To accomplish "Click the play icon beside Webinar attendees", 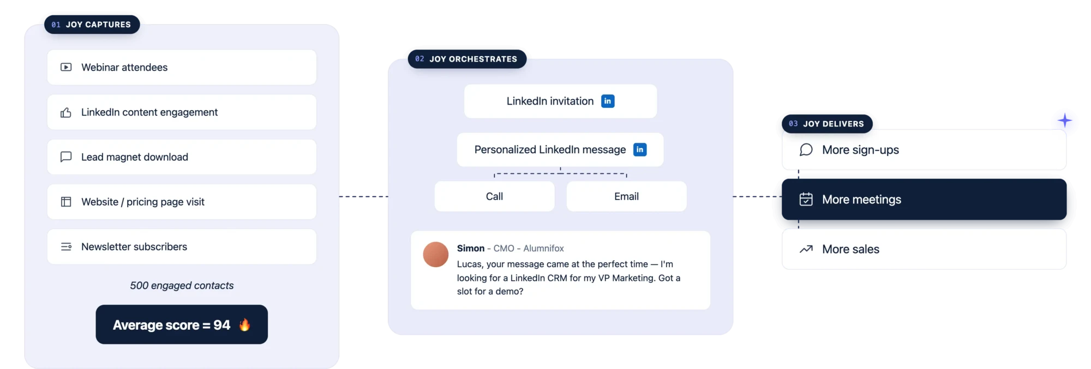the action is click(66, 67).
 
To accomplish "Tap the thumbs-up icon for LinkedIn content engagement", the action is click(66, 112).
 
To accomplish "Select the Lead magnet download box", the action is click(182, 157).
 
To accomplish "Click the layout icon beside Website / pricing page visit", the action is click(66, 202).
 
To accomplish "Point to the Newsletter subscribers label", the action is click(134, 247).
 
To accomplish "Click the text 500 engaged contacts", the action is click(182, 286).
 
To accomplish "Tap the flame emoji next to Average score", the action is click(244, 324).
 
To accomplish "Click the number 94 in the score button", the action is click(221, 325).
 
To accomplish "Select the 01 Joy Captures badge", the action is click(92, 25).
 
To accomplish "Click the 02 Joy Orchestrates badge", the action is click(467, 59).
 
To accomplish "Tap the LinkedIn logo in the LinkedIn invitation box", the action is click(608, 101).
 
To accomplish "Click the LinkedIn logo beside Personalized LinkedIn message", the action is click(640, 149).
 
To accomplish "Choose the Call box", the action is click(495, 196).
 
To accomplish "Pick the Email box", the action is click(626, 196).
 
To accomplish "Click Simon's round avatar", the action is click(436, 255).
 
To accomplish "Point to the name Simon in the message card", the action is click(471, 249).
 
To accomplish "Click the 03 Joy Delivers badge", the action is click(827, 124).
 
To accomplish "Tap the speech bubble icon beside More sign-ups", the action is click(806, 150).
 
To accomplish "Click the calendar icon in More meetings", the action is click(806, 199).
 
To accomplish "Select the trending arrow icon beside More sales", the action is click(806, 249).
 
